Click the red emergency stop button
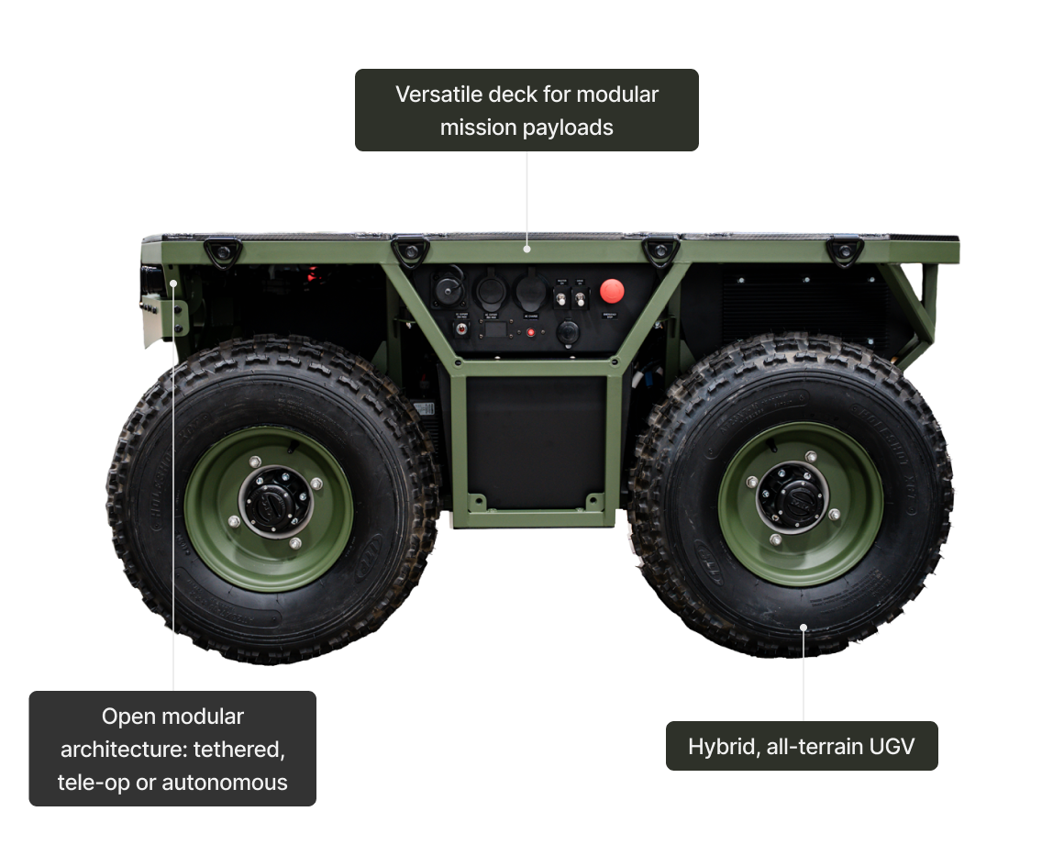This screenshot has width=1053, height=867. coord(612,292)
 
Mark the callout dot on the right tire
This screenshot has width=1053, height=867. coord(804,628)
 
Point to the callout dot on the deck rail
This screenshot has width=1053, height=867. coord(527,248)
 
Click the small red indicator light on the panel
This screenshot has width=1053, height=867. coord(530,332)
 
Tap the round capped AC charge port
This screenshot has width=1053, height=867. coord(530,294)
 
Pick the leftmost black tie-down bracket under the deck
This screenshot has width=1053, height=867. coord(220,250)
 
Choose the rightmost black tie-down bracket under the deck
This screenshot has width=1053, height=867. coord(844,250)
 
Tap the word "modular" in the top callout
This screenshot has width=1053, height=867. coord(620,94)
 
